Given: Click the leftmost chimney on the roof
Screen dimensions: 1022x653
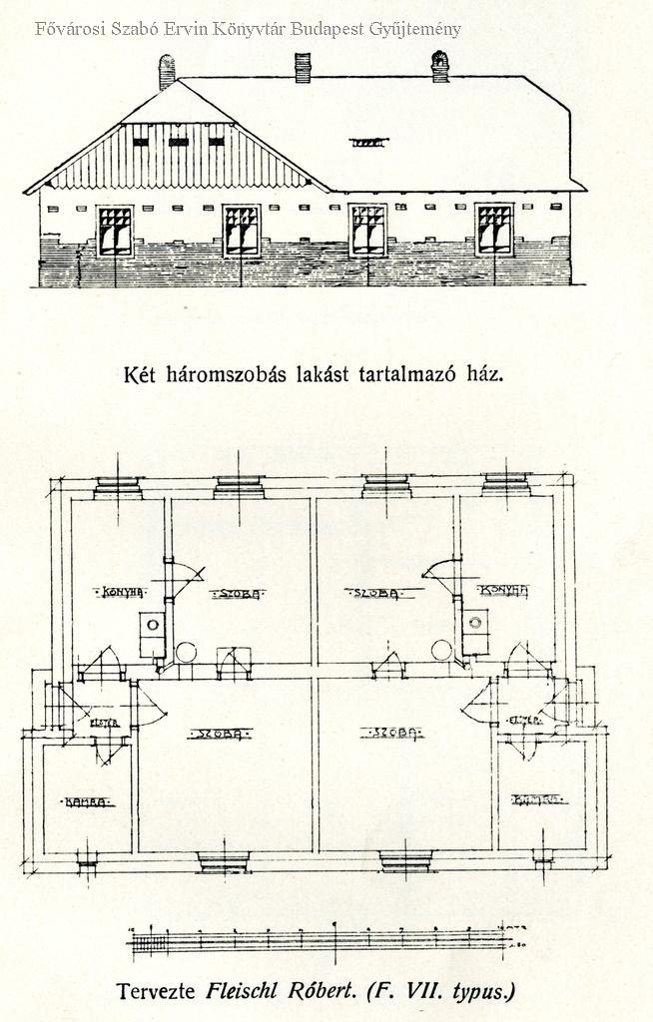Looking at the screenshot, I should pyautogui.click(x=167, y=71).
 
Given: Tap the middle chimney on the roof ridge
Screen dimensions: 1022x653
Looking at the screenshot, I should pyautogui.click(x=303, y=66).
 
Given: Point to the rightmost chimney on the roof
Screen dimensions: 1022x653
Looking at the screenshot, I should pyautogui.click(x=439, y=66).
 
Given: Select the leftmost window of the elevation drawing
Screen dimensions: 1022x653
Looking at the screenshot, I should pyautogui.click(x=115, y=231).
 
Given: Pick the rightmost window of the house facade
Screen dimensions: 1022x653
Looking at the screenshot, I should pyautogui.click(x=493, y=230).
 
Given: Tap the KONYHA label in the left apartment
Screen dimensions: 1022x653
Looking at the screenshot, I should pyautogui.click(x=120, y=592).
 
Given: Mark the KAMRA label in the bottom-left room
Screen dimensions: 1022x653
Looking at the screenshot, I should pyautogui.click(x=86, y=801).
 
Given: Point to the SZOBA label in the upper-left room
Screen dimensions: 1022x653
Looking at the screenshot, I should pyautogui.click(x=237, y=594).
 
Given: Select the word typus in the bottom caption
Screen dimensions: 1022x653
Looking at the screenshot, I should pyautogui.click(x=482, y=992).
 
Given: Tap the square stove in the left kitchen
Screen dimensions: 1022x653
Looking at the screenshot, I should pyautogui.click(x=152, y=625).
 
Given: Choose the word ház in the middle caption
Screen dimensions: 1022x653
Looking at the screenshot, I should pyautogui.click(x=483, y=375).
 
